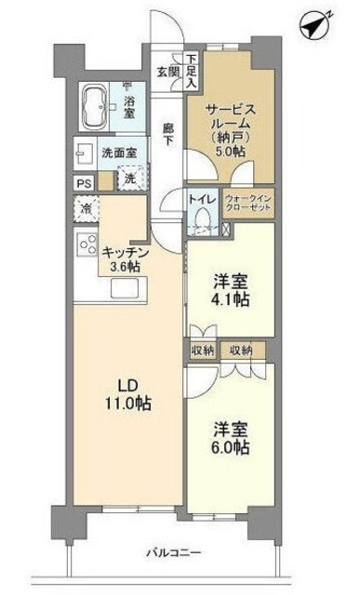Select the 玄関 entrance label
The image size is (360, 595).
[x=168, y=71]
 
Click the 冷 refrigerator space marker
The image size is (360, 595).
[x=84, y=210]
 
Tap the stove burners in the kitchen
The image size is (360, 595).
[x=87, y=245]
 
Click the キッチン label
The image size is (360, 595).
[x=122, y=251]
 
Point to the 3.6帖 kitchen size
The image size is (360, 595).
[x=122, y=268]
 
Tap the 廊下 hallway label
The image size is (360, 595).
[x=168, y=134]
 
